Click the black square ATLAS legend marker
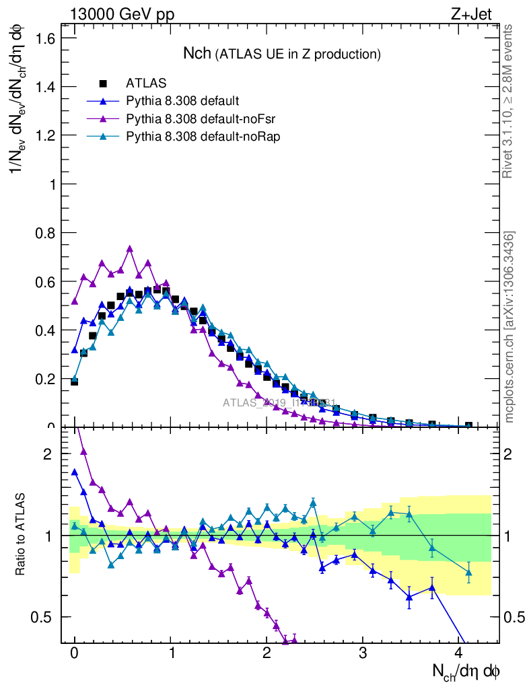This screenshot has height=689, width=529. (x=103, y=83)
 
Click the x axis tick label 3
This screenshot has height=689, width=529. (x=363, y=654)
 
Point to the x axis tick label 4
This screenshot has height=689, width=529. (x=460, y=654)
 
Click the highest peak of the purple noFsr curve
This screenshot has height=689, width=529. (x=130, y=249)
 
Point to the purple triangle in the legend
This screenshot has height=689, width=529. (x=103, y=119)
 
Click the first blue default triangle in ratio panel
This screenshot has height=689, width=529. (x=75, y=472)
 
